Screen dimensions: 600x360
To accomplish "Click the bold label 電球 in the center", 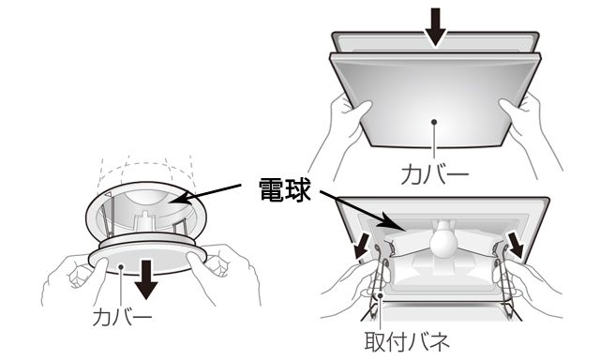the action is click(x=285, y=189).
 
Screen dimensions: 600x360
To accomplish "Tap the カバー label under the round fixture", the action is click(x=123, y=317).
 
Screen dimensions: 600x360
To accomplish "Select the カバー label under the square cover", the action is click(x=435, y=174).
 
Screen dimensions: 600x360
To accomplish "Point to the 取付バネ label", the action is click(x=407, y=341).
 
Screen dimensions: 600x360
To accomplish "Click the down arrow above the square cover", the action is click(x=435, y=27).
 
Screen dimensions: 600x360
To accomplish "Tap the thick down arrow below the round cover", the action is click(x=146, y=279).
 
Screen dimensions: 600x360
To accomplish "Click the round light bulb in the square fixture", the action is click(x=443, y=240).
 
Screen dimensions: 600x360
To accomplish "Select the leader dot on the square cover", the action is click(x=434, y=122).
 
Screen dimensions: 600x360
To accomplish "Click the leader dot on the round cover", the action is click(x=121, y=266).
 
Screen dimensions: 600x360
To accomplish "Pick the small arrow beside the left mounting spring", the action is click(x=362, y=247).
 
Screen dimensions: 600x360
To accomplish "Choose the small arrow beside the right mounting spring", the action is click(x=515, y=246).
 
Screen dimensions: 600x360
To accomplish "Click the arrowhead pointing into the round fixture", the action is click(x=179, y=198).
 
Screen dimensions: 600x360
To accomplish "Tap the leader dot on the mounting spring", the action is click(x=381, y=295).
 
